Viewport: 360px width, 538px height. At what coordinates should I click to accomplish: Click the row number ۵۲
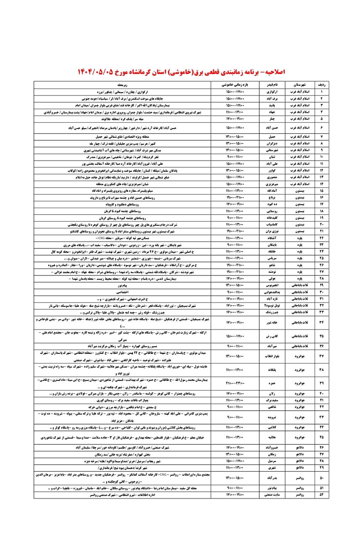point(322,496)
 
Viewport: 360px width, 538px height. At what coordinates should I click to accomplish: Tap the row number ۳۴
point(322,323)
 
